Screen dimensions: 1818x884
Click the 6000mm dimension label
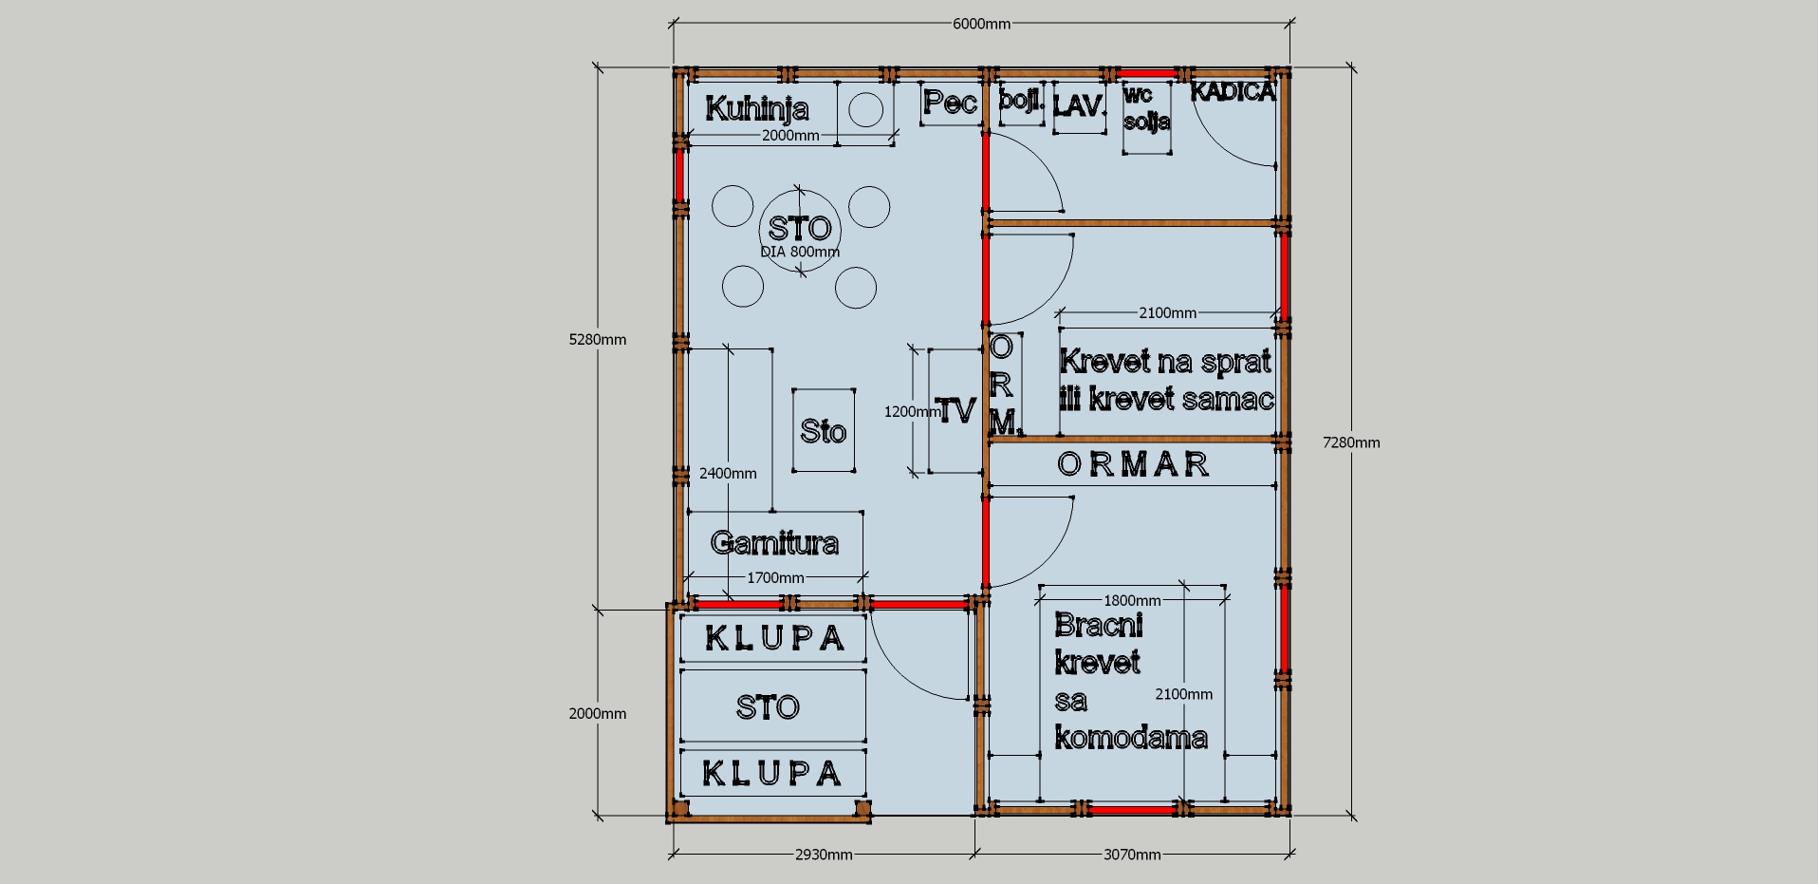coord(981,24)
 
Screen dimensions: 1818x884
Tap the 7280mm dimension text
coord(1351,442)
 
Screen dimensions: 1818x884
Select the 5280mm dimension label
coord(598,340)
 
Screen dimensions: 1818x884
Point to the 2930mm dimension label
coord(824,855)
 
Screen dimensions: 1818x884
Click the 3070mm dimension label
coord(1132,855)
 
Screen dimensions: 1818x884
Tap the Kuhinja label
coord(757,108)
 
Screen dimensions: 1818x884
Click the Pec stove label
coord(950,102)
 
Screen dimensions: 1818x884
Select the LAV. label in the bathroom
coord(1080,105)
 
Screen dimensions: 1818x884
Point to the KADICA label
coord(1233,91)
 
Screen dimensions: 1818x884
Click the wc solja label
coord(1146,108)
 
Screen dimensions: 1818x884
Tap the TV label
coord(955,410)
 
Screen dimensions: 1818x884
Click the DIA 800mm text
coord(800,252)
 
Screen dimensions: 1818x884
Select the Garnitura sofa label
coord(774,542)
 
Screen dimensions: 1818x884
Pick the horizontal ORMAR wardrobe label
coord(1133,464)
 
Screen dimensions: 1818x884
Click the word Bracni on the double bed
coord(1099,625)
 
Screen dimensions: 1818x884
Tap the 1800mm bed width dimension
coord(1132,600)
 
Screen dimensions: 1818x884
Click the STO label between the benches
coord(768,707)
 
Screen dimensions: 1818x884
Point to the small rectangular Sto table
coord(824,430)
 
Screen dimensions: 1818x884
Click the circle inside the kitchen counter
coord(865,109)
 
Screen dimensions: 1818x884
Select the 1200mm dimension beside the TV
coord(912,412)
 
